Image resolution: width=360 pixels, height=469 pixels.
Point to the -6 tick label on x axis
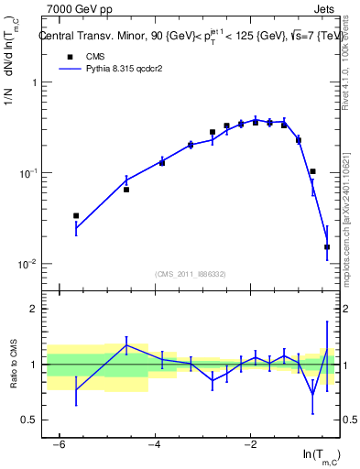59,445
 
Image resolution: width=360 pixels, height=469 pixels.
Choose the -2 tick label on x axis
250,445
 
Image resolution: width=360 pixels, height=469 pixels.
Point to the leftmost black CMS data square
76,215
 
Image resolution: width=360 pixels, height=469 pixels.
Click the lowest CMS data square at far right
327,246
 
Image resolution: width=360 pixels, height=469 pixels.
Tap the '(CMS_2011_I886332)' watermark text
190,274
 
